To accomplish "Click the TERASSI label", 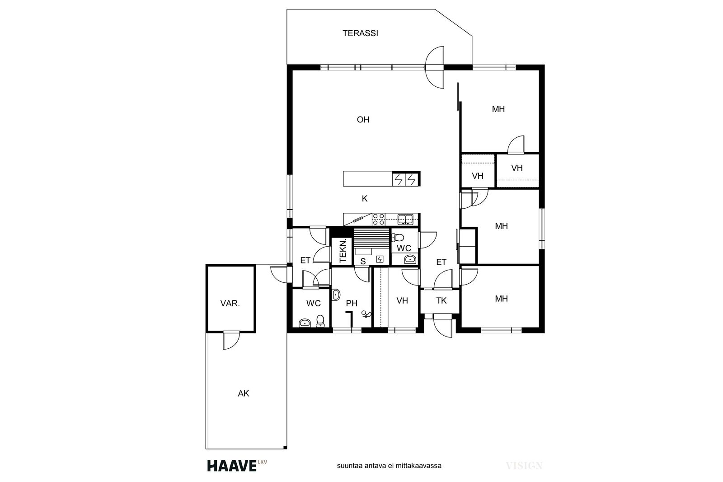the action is (x=360, y=33).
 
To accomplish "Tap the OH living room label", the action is (x=363, y=120).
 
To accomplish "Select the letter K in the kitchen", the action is (x=364, y=199).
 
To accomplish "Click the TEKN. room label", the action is (x=343, y=251).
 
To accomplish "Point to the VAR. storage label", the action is (x=230, y=303).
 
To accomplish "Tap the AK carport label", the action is (x=244, y=393).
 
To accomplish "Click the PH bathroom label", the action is (x=352, y=303).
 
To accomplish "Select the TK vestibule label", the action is (x=441, y=301).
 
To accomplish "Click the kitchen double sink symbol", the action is (x=405, y=220).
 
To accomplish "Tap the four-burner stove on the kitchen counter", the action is (x=378, y=220).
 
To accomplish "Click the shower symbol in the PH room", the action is (x=366, y=314).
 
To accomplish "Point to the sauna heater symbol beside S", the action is (x=380, y=259).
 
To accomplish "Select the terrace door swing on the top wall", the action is (x=435, y=67).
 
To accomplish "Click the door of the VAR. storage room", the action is (x=231, y=340).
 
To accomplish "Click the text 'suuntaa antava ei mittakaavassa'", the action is (x=389, y=466).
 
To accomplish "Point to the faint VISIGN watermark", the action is (x=524, y=466).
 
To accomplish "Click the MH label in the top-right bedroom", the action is (x=498, y=109).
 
